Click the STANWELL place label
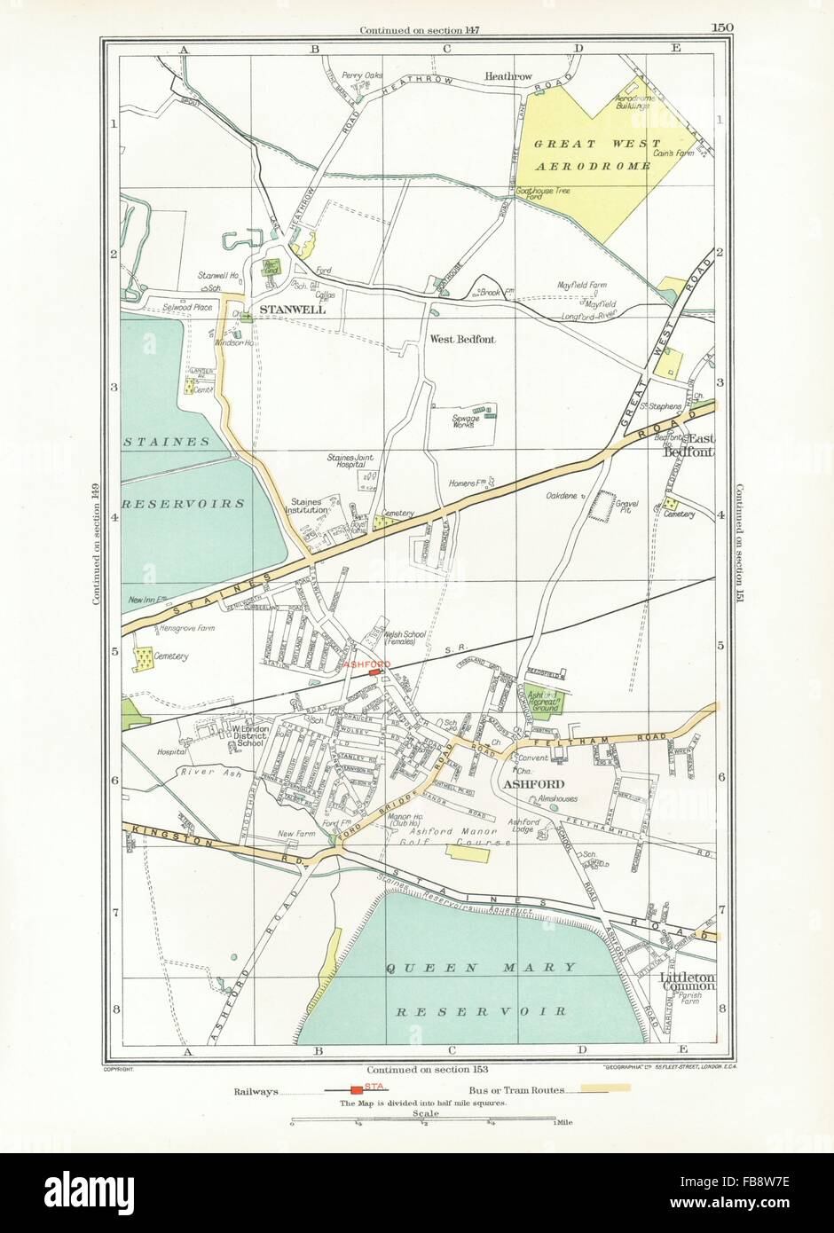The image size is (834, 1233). tap(292, 310)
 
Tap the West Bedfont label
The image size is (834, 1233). tap(462, 339)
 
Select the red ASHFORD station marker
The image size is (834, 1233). tap(373, 672)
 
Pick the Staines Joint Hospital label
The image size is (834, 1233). tap(356, 461)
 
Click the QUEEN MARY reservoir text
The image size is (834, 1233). tap(482, 967)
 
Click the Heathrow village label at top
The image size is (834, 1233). tap(507, 77)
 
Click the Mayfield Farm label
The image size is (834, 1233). tap(581, 286)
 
